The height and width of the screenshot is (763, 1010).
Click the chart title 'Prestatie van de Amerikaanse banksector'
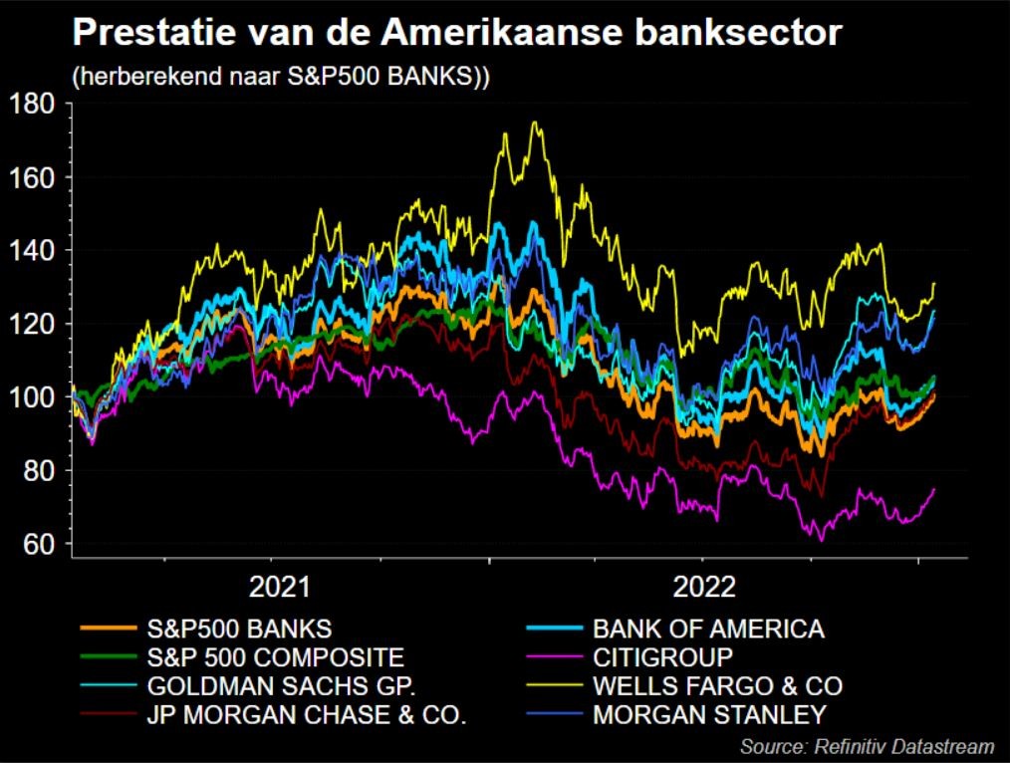click(457, 35)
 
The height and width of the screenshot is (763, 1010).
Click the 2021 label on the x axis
click(279, 587)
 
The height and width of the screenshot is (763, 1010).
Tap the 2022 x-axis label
click(703, 587)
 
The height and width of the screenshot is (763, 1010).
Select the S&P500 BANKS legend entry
click(239, 629)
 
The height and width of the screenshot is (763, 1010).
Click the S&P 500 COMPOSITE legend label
click(275, 657)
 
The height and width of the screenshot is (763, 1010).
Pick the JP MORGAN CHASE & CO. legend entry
click(306, 714)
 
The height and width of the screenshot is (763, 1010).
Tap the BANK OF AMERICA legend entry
click(708, 629)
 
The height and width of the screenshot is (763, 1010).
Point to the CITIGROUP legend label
click(662, 657)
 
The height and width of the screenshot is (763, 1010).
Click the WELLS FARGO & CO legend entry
click(717, 686)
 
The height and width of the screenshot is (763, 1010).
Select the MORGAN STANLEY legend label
click(709, 714)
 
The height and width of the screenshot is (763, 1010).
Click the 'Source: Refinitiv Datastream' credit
click(867, 746)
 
